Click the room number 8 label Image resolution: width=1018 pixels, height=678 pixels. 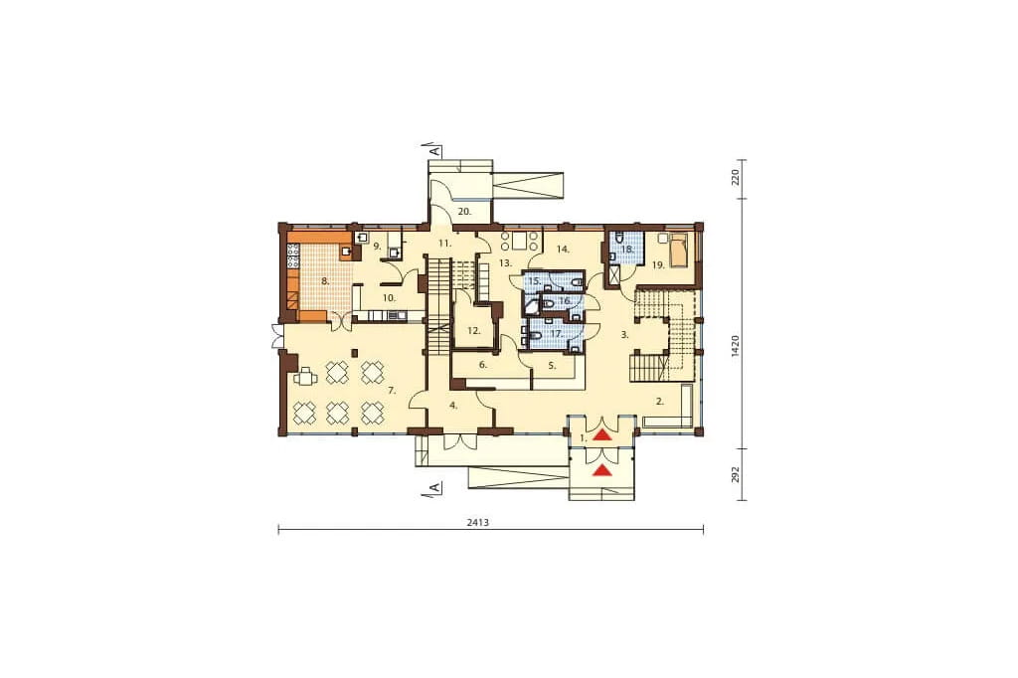tap(325, 281)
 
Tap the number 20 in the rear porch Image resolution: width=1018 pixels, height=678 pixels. tap(464, 211)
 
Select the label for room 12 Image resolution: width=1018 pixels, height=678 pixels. tap(474, 331)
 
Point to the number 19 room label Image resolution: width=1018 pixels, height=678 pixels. tap(658, 265)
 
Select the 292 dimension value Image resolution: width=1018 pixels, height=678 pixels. tap(735, 474)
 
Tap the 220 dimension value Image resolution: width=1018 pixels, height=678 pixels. tap(735, 177)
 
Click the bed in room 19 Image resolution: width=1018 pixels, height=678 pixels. tap(680, 252)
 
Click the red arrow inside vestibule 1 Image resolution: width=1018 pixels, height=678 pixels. tap(603, 435)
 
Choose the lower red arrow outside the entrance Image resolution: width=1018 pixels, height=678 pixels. tap(603, 470)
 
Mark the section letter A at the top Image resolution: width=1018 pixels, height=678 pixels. tap(435, 151)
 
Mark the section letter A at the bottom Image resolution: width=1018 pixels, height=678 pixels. tap(435, 487)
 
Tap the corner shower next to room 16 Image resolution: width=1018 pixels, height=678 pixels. tap(531, 307)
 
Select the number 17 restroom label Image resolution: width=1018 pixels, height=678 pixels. tap(555, 333)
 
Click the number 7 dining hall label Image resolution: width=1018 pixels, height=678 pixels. tap(391, 391)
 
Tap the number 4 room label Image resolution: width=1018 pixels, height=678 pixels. tap(453, 406)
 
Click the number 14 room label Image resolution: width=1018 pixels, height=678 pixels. tap(563, 249)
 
